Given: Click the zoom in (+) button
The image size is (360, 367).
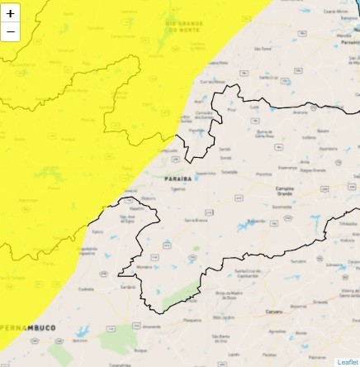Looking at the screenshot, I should coord(10,14).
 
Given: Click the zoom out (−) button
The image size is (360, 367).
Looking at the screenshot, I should coord(10,33).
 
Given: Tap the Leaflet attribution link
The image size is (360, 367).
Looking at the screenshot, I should coord(348,362).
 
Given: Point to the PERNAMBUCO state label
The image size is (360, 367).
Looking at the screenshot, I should coord(28,328).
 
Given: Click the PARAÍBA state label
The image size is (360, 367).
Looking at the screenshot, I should coord(178,178).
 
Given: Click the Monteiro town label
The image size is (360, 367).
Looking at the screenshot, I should coord(143,267).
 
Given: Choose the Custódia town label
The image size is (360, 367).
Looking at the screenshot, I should coord(84,289).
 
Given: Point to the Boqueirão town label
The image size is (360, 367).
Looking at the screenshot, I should coord(256,222).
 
